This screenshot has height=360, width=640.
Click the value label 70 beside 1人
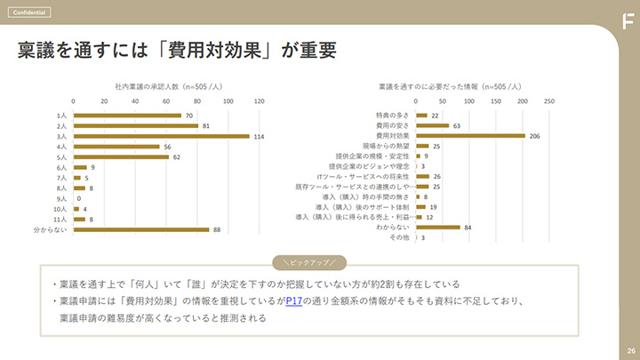[189, 116]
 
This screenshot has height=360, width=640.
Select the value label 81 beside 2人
[206, 126]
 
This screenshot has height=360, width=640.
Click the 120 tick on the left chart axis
[259, 101]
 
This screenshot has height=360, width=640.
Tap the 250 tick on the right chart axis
[548, 101]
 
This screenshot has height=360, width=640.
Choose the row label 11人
[61, 219]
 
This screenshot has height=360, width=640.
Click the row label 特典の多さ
[392, 116]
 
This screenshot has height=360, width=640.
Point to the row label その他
[399, 238]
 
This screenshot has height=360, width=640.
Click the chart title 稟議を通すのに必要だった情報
[453, 86]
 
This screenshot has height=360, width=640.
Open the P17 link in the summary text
[295, 301]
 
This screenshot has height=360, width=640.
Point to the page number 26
[629, 350]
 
